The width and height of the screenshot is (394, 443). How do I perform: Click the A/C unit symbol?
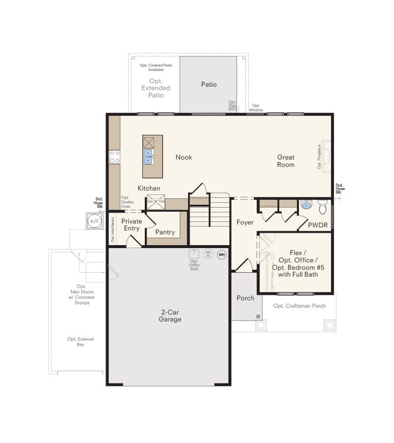(94, 221)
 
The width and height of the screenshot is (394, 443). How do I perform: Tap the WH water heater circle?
(222, 254)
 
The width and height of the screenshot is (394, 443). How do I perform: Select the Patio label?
(208, 85)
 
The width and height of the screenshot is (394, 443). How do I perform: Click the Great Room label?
(286, 161)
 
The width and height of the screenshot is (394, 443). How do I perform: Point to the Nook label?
(184, 158)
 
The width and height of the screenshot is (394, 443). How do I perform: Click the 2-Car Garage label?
(170, 316)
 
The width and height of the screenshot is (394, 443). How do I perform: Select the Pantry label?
(165, 232)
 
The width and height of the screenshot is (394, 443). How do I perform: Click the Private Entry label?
(131, 224)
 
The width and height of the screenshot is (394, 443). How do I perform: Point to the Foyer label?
(245, 222)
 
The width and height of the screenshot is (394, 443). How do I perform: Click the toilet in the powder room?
(323, 208)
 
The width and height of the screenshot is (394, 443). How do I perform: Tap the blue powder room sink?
(306, 205)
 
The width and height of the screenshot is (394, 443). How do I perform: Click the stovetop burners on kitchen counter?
(114, 157)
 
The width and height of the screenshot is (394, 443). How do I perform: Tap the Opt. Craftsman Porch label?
(299, 306)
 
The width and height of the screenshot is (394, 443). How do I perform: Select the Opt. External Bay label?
(81, 342)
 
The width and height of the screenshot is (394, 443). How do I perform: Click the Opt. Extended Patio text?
(156, 88)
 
